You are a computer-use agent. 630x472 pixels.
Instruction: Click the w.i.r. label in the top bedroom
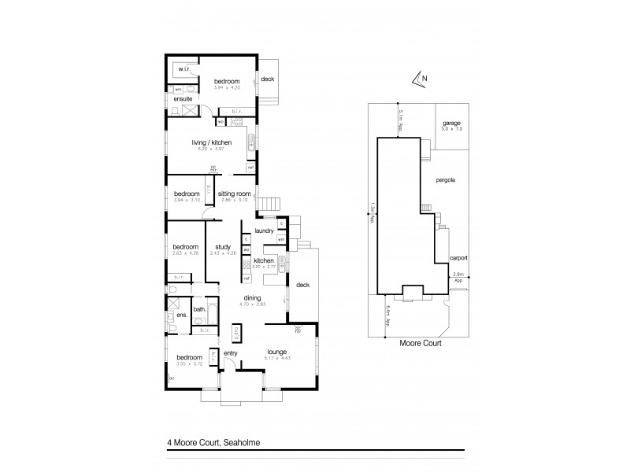tap(186, 71)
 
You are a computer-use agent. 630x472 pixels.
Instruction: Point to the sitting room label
tap(234, 193)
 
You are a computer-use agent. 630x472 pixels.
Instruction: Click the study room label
tap(222, 248)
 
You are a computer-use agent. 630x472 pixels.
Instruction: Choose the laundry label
tap(264, 230)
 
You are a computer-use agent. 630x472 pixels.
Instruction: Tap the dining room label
tap(254, 297)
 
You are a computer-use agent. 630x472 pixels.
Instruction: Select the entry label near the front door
tap(230, 353)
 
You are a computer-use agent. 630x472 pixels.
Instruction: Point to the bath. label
tap(199, 309)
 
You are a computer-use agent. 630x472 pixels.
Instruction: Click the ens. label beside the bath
tap(181, 315)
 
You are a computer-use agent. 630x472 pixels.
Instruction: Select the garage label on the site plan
tap(451, 124)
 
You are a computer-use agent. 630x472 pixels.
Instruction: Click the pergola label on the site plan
tap(447, 180)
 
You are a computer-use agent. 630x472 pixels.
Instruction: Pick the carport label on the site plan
tap(459, 257)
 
